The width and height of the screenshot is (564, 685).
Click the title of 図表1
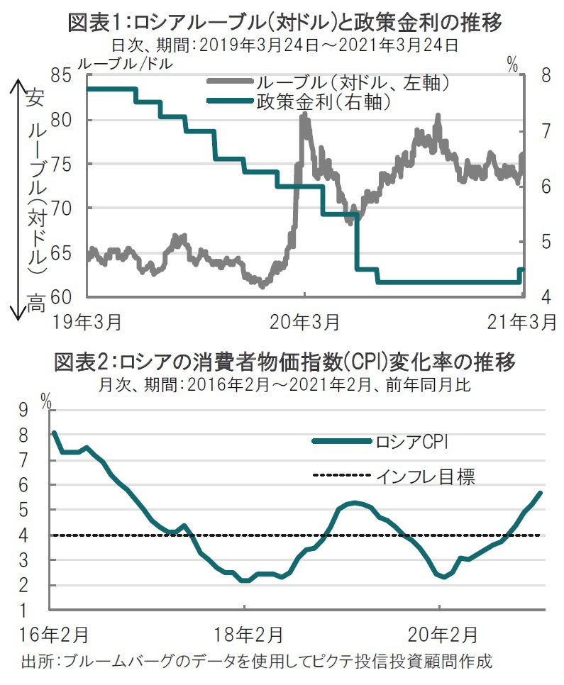click(x=284, y=22)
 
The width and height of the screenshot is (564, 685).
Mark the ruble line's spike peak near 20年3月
click(x=304, y=116)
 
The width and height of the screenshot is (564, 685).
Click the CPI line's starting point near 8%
click(x=55, y=433)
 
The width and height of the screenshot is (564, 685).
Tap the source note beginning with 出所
click(x=255, y=662)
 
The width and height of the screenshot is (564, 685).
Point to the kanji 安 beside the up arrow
click(x=35, y=97)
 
